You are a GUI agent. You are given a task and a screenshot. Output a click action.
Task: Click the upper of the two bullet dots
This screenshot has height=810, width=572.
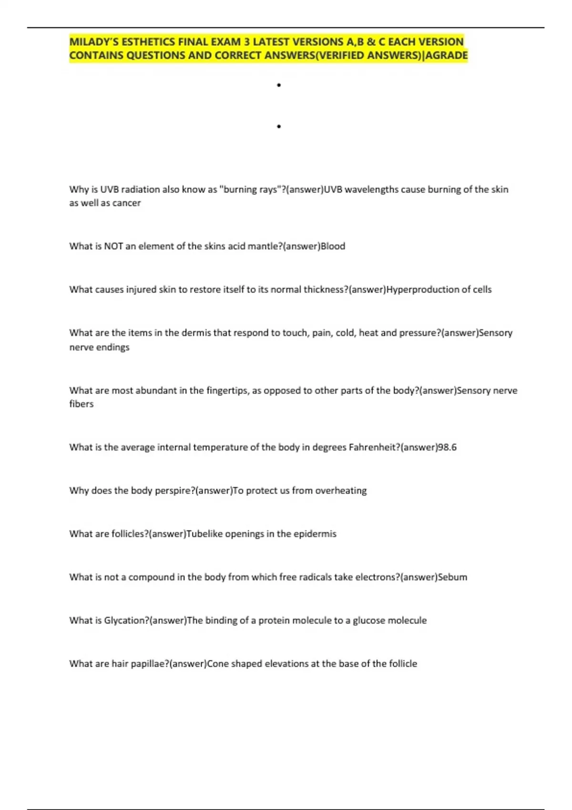[279, 85]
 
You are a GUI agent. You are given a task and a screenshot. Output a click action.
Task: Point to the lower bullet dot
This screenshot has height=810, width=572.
[279, 127]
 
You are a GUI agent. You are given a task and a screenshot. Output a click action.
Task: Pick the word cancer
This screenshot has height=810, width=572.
[126, 203]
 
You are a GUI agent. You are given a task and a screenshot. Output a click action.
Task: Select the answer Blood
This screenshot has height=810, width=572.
[333, 246]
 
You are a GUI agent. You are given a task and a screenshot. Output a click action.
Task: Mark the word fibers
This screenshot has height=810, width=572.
[82, 404]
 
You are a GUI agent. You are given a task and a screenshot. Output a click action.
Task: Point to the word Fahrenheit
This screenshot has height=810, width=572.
[374, 447]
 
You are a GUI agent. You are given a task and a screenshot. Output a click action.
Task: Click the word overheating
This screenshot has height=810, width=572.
[341, 491]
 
